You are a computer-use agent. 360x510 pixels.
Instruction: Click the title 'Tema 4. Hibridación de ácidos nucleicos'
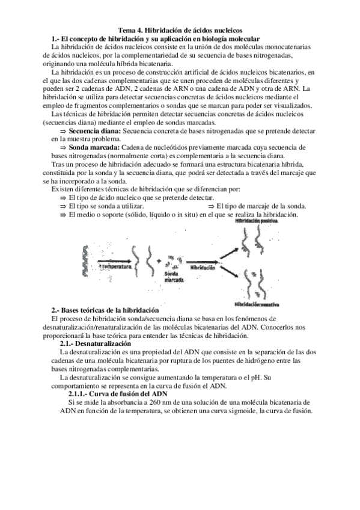point(180,29)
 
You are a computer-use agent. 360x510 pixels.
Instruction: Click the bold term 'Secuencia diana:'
point(95,131)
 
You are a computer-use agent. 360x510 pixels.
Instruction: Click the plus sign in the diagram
point(159,260)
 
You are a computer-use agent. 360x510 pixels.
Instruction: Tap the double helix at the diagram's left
point(82,260)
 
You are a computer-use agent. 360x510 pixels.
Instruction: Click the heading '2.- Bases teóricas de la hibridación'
point(103,310)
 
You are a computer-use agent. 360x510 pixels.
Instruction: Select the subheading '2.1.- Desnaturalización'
point(99,343)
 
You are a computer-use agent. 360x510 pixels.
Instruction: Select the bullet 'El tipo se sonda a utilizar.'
point(107,206)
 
